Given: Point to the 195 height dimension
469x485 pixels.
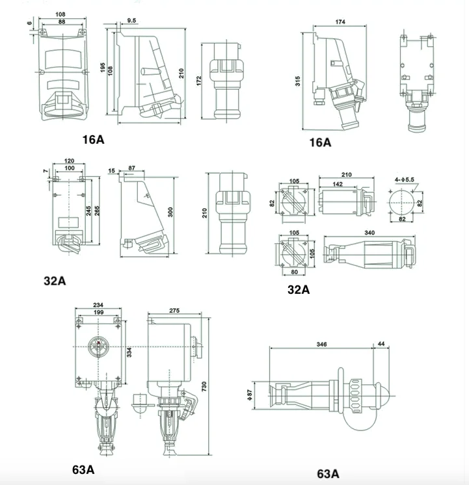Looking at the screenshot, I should pos(103,68).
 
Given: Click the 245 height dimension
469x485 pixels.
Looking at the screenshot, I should pos(87,211).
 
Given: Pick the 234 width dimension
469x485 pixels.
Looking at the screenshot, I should pos(99,305).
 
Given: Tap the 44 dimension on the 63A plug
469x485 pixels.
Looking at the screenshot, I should pos(380,344).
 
